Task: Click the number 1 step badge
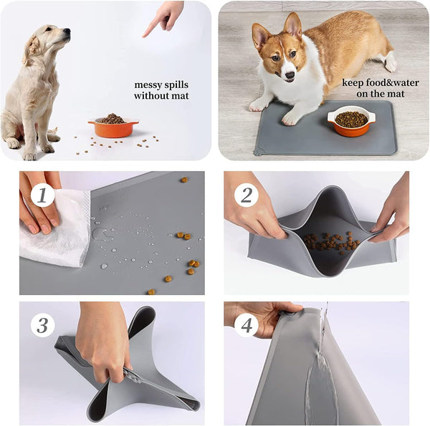(x=42, y=193)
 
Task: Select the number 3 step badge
(x=42, y=325)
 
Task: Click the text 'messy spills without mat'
(x=161, y=89)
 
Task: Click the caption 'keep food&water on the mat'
(x=373, y=87)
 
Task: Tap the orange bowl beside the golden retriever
(x=113, y=127)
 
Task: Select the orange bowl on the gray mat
(x=350, y=121)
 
